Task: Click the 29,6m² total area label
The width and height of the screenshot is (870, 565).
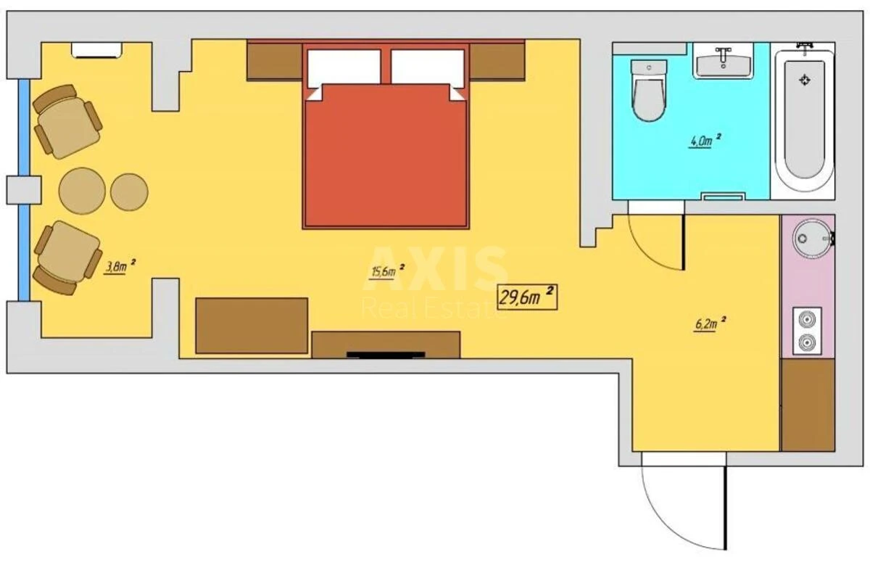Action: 527,297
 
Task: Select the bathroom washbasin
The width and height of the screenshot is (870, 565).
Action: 724,60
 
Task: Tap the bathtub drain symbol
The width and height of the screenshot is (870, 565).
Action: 803,80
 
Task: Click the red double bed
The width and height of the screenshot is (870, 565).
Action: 386,156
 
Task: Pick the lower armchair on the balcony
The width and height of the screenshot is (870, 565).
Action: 66,257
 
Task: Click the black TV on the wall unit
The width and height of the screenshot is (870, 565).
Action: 386,355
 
